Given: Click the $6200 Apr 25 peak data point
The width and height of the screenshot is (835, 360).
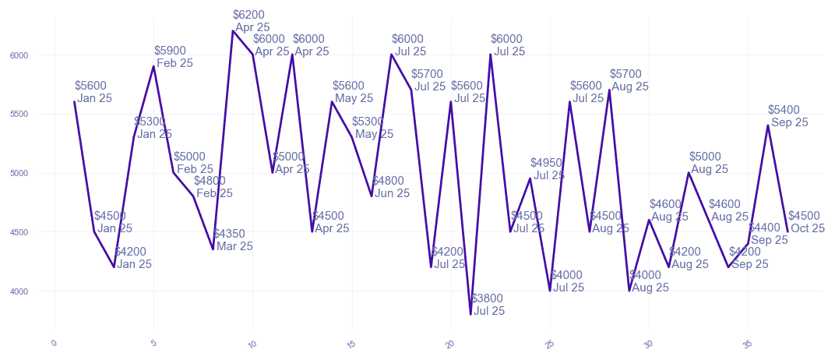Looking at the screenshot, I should (x=233, y=31).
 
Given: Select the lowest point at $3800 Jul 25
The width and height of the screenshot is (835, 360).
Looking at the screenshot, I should (x=471, y=314).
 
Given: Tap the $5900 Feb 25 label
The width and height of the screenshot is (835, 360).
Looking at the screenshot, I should (x=173, y=57).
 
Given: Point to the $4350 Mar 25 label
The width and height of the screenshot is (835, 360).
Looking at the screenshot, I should (x=233, y=240).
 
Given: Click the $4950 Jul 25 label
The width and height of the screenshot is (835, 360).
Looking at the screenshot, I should (x=548, y=168).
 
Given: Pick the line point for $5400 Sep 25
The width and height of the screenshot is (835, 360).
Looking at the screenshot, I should (x=768, y=125).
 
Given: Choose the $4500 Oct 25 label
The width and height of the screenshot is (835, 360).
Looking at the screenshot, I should (x=806, y=222).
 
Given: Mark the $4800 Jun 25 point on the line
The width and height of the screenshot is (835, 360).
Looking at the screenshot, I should (x=372, y=196).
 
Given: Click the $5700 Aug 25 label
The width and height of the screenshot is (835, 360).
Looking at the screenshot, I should (x=629, y=80).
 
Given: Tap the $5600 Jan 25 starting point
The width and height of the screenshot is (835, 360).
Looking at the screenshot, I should (x=75, y=101).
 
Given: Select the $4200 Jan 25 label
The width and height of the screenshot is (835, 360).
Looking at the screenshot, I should (x=132, y=258).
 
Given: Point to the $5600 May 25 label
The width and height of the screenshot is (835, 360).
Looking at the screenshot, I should (x=352, y=92).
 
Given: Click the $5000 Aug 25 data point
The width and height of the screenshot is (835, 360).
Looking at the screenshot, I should (x=689, y=173).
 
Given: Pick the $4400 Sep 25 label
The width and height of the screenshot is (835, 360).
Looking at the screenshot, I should (x=768, y=234).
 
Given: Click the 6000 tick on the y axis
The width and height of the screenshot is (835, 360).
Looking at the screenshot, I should (x=19, y=55).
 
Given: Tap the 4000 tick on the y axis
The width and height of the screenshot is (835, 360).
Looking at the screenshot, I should (x=19, y=291).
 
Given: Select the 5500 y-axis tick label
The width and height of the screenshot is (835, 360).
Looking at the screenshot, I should (x=19, y=115).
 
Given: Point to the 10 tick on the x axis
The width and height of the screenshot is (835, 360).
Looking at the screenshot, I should (x=252, y=344).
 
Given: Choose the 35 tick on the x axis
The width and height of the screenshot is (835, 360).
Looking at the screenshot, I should (x=747, y=344).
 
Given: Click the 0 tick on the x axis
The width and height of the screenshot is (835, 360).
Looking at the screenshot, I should (x=54, y=343).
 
